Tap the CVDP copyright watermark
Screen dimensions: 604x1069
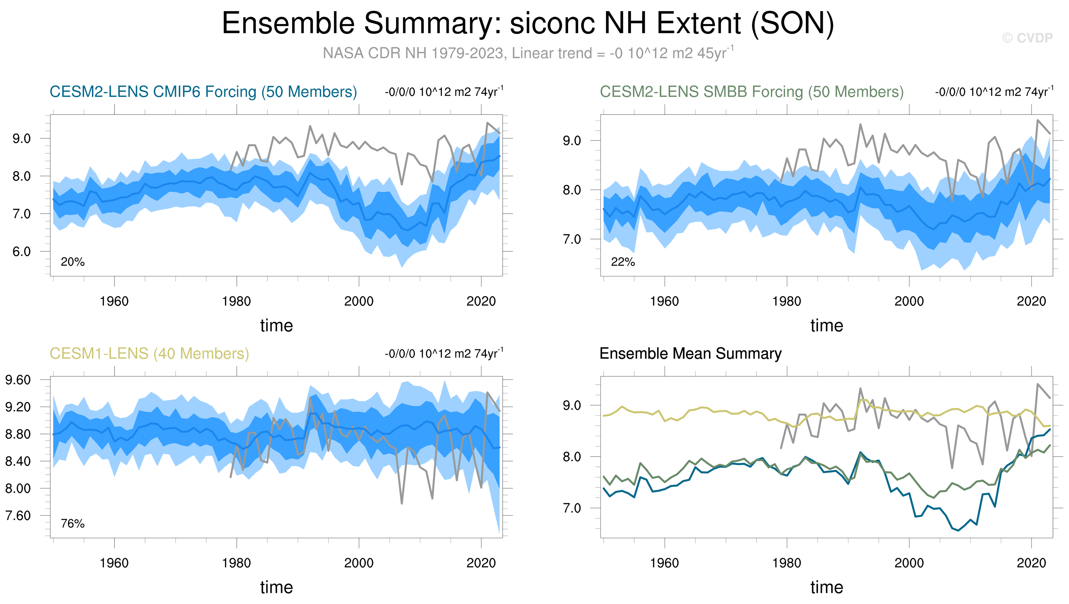1027,38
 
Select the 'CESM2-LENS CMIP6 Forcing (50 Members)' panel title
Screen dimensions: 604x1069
203,92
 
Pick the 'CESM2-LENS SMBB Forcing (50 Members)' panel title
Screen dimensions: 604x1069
752,92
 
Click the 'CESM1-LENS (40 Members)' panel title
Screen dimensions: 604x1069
149,353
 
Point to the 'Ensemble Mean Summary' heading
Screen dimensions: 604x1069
690,353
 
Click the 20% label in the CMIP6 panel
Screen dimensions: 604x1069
73,262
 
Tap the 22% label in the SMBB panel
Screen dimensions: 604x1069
623,262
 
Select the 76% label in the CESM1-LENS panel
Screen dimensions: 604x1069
73,523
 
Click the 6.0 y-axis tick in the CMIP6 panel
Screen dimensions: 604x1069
22,252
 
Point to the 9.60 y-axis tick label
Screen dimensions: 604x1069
18,380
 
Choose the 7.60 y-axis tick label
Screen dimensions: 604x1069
18,516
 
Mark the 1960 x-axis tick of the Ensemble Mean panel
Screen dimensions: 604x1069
664,563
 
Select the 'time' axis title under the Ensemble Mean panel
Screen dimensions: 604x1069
827,587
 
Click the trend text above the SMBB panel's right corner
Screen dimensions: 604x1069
994,91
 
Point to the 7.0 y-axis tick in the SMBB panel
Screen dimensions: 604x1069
572,240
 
